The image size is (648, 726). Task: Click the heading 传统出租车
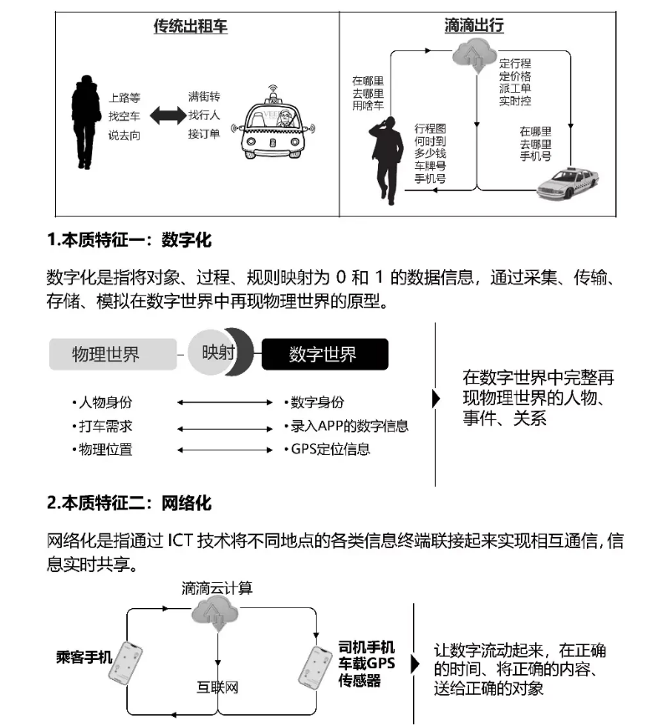(x=190, y=27)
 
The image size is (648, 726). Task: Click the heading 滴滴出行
(x=474, y=27)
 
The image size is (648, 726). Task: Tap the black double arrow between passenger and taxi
(x=166, y=116)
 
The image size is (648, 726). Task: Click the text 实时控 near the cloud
(x=515, y=101)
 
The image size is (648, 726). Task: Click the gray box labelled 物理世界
(x=112, y=354)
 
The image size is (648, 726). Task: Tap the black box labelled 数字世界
(x=324, y=354)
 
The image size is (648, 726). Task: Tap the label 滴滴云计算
(x=217, y=588)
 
